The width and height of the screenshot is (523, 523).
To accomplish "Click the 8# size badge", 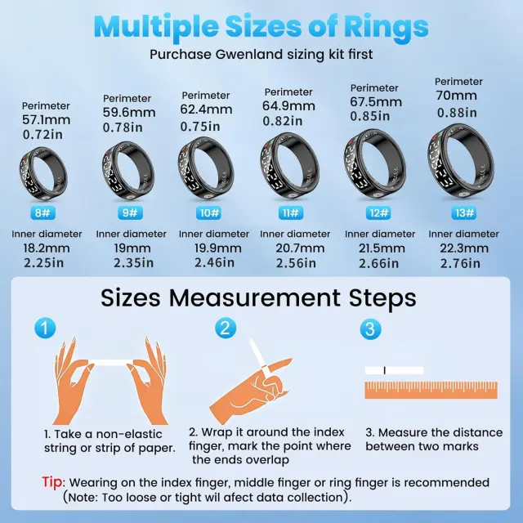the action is tap(42, 212).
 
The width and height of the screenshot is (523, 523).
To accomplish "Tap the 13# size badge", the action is tap(464, 212).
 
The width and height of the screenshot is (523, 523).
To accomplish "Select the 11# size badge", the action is tap(291, 212).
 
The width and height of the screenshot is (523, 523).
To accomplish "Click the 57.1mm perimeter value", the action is tap(47, 120).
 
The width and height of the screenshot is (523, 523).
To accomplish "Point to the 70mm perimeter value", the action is tap(456, 96).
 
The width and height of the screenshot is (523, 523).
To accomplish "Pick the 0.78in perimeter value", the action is tap(123, 127).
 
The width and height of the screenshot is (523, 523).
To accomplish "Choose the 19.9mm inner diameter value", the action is tap(218, 248).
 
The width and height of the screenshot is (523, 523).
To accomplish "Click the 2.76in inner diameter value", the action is tap(460, 263).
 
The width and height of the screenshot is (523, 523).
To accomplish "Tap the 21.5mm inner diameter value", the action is tap(382, 248).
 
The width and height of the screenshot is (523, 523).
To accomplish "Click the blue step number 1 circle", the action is tap(45, 328).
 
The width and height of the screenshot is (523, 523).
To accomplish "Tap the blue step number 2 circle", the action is tap(226, 328).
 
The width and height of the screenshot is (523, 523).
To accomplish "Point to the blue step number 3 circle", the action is tap(370, 329).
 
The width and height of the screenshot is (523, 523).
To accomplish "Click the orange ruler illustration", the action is tap(431, 391).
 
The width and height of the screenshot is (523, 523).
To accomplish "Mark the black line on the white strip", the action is tap(385, 370).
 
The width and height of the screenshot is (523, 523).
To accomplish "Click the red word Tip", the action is tap(52, 482).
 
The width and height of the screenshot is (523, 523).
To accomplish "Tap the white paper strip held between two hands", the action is tap(114, 363).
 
